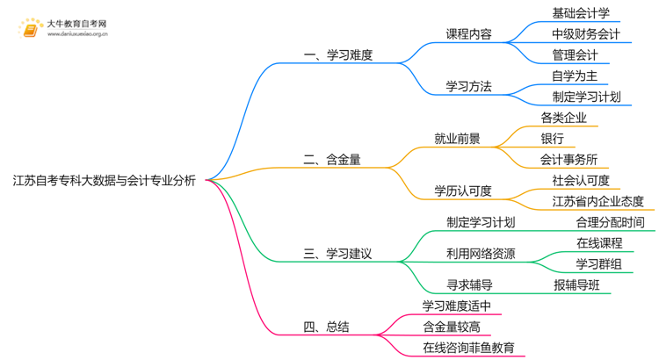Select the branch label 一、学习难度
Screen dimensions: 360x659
338,54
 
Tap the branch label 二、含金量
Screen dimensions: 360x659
332,160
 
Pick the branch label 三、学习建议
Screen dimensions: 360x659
338,254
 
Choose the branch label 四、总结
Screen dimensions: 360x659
326,327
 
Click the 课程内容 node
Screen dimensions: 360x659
468,34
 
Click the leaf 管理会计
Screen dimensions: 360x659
575,55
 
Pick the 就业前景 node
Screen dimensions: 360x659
457,138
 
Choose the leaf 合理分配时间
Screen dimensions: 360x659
610,222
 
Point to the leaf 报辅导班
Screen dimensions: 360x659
576,284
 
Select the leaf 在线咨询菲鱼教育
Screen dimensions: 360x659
468,348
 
